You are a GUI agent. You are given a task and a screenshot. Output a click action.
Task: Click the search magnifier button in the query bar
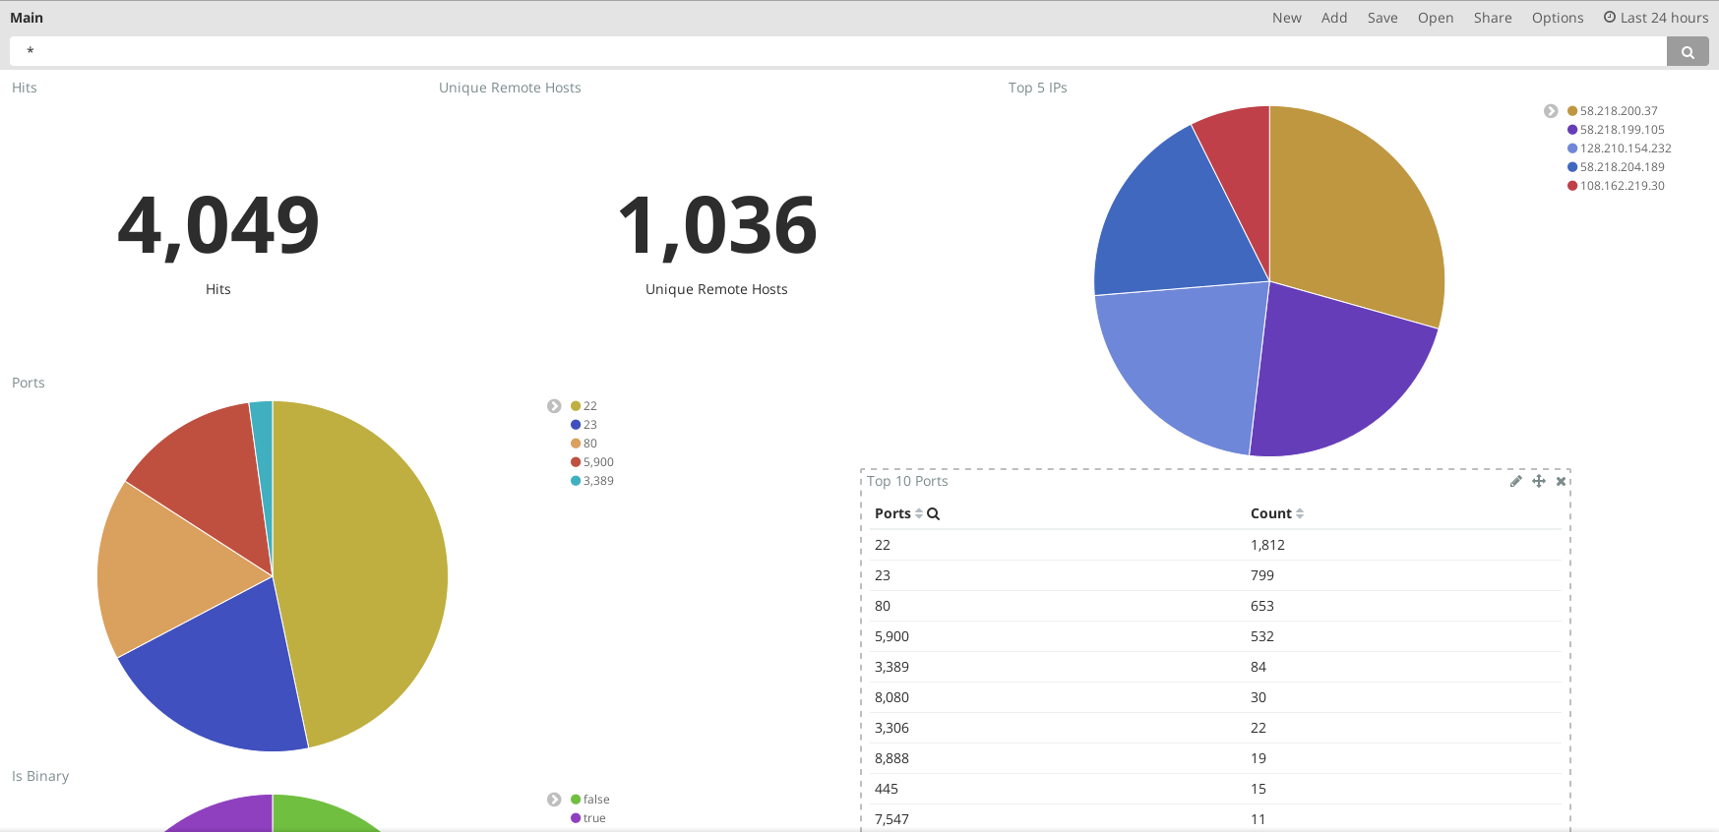pos(1688,52)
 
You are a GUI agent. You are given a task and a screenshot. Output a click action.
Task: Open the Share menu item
pos(1492,18)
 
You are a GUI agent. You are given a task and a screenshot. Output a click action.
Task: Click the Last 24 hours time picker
pos(1656,18)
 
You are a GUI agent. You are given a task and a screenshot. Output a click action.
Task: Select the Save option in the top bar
pos(1381,18)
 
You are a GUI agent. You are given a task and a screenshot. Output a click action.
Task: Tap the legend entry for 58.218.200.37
pos(1618,111)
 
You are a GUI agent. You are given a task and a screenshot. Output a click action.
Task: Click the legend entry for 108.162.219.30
pos(1622,186)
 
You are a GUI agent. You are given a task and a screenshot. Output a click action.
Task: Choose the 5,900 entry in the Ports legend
pos(597,462)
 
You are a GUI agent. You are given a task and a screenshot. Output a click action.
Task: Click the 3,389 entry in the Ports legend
pos(597,481)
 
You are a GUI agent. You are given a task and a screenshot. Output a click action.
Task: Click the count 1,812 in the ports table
pos(1267,545)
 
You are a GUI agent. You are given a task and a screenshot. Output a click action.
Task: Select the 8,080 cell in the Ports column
pos(891,697)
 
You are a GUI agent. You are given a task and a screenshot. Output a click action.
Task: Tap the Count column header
pos(1271,513)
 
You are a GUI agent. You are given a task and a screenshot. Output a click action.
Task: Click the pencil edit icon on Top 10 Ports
pos(1515,481)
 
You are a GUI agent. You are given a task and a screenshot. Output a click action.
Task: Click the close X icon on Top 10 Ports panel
pos(1561,481)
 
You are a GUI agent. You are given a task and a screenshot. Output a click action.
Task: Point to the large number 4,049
pos(218,225)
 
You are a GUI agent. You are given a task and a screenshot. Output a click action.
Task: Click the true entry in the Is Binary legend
pos(593,818)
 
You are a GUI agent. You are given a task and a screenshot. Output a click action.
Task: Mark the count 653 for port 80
pos(1261,606)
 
